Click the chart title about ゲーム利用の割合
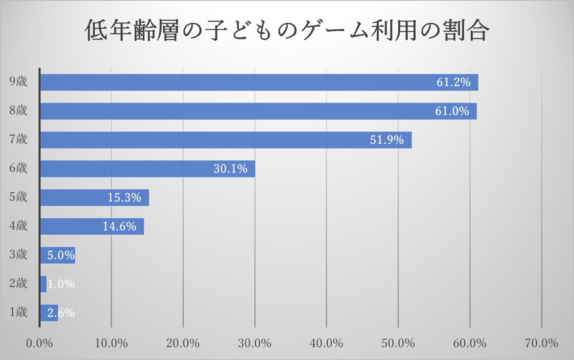pyautogui.click(x=287, y=30)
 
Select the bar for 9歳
pyautogui.click(x=259, y=82)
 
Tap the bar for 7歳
pyautogui.click(x=226, y=140)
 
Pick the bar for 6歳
pyautogui.click(x=147, y=169)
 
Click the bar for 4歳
pyautogui.click(x=91, y=226)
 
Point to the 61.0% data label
pyautogui.click(x=451, y=111)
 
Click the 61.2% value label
pyautogui.click(x=453, y=82)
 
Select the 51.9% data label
pyautogui.click(x=387, y=140)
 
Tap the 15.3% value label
pyautogui.click(x=124, y=198)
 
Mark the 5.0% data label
pyautogui.click(x=61, y=256)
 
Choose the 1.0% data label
pyautogui.click(x=61, y=284)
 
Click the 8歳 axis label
pyautogui.click(x=18, y=111)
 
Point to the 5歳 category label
pyautogui.click(x=18, y=198)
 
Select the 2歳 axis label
pyautogui.click(x=18, y=283)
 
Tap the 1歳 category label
pyautogui.click(x=18, y=312)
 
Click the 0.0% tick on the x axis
pyautogui.click(x=40, y=342)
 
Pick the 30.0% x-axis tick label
pyautogui.click(x=254, y=342)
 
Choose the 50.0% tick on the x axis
pyautogui.click(x=398, y=342)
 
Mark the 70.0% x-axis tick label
pyautogui.click(x=541, y=342)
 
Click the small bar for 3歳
pyautogui.click(x=57, y=256)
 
